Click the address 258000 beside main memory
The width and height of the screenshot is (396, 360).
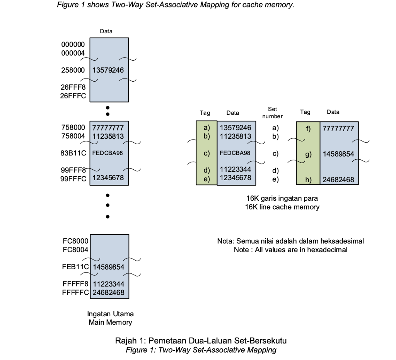pos(73,70)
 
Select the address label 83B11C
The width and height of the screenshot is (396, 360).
pos(73,153)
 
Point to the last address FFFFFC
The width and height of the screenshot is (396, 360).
pos(75,292)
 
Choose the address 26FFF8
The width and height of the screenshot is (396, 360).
pos(73,87)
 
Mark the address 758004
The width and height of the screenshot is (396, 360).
pos(73,136)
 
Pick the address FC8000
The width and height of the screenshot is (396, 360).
pos(75,241)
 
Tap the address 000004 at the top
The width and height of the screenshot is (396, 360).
pos(73,53)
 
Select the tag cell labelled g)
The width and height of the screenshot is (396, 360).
pos(308,154)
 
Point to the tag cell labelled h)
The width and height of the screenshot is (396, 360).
pos(308,180)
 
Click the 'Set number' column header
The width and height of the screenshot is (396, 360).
pos(275,113)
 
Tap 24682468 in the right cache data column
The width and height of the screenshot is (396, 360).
pos(338,180)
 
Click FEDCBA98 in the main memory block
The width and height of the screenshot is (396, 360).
pos(108,153)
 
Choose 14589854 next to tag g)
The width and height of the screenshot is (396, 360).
pos(338,154)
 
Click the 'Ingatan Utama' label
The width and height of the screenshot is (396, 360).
pos(110,314)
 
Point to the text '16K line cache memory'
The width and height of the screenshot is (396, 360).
pos(282,207)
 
